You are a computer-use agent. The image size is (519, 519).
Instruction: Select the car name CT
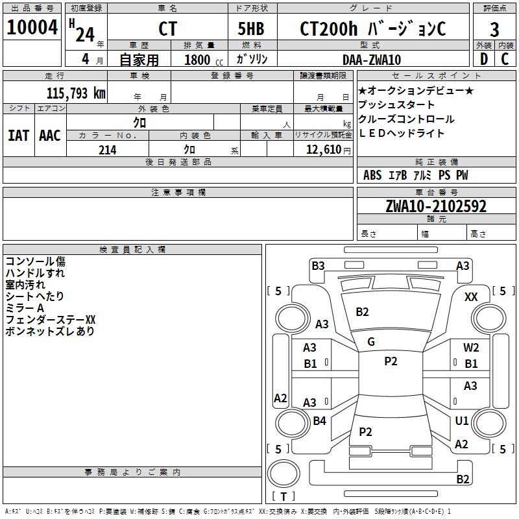point(167,29)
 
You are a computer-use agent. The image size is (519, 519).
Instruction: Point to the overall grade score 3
point(494,29)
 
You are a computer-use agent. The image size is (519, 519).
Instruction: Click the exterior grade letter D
point(483,59)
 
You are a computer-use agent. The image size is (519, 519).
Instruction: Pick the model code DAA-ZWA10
point(371,60)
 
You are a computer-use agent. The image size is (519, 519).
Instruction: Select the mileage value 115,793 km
point(76,93)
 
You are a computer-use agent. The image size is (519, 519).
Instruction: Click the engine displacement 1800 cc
point(202,60)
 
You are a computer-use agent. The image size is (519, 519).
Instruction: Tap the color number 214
point(107,150)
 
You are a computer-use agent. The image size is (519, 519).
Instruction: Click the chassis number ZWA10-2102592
point(435,207)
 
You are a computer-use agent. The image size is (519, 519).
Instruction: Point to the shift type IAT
point(18,135)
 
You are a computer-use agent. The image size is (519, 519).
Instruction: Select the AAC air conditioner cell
point(50,135)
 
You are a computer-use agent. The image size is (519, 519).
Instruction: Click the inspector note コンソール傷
point(35,261)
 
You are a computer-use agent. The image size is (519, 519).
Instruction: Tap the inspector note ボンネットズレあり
point(49,332)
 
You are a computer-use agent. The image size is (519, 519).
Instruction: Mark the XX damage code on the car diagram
point(471,296)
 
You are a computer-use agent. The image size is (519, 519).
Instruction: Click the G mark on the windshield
point(371,341)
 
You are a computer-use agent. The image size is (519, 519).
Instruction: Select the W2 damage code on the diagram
point(471,348)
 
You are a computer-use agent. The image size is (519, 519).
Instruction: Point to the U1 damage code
point(462,421)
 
